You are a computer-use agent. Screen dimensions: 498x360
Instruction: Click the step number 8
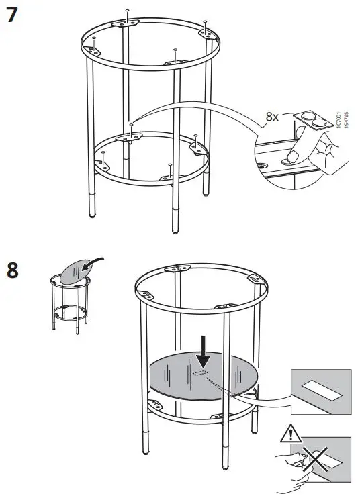coord(12,272)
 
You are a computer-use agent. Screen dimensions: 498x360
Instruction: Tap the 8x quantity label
coord(272,116)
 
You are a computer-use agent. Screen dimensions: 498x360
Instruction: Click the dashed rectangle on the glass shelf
coord(200,371)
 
